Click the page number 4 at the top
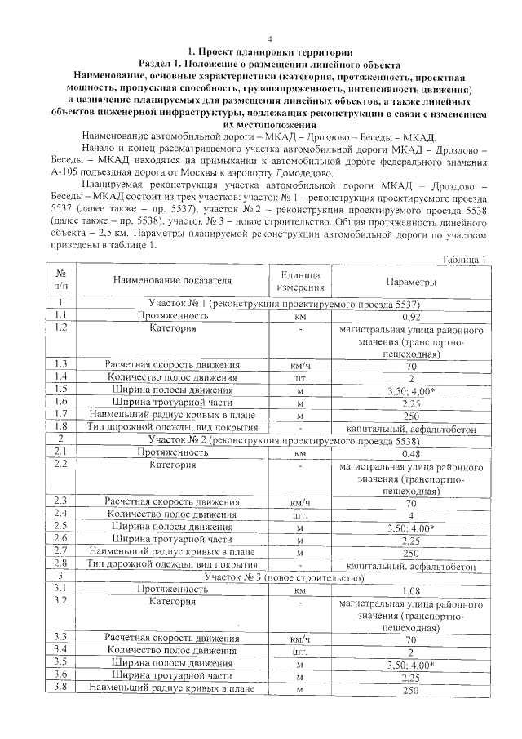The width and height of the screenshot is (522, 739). coord(269,39)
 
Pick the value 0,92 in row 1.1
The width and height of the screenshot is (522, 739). coord(412,316)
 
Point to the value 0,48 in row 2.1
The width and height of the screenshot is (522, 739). coord(412,452)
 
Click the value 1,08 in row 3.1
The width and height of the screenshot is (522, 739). coord(412,589)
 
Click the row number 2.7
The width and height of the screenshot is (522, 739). coord(60,552)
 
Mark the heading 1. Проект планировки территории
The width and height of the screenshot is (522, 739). coord(270,51)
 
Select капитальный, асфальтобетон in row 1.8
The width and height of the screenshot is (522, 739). coord(412,428)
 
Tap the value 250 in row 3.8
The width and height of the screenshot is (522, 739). coord(412,690)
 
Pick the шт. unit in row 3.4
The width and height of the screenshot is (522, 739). coord(301,651)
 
